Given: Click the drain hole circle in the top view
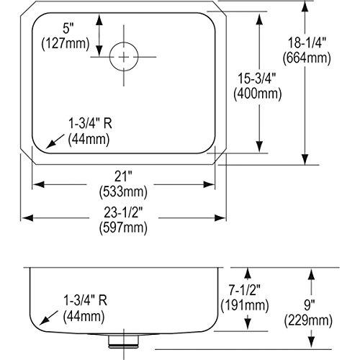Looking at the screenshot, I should point(126,55).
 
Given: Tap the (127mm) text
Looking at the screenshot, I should point(68,45).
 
